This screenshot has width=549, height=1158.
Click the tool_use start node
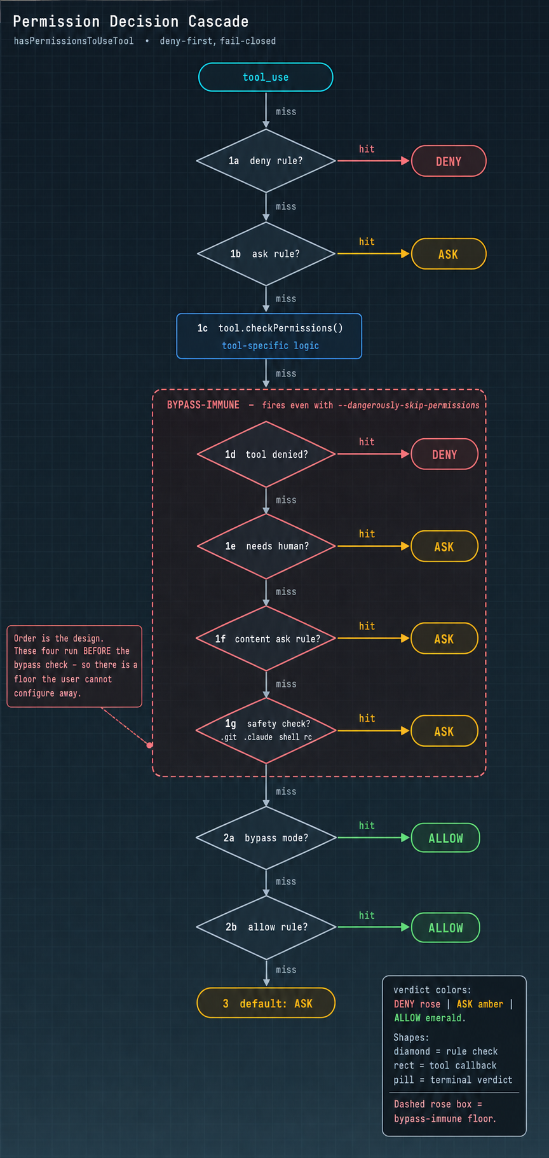coord(266,77)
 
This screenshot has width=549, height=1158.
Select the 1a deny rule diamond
coord(266,161)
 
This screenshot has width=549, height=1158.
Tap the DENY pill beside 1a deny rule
coord(449,162)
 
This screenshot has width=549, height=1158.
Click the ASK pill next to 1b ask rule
coord(449,254)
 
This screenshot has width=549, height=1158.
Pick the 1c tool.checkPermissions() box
coord(269,336)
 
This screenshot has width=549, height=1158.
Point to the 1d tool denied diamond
coord(266,454)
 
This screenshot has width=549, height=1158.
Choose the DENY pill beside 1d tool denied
coord(445,454)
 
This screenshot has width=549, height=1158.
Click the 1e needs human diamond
coord(266,546)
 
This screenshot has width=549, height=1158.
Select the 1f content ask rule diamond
coord(266,638)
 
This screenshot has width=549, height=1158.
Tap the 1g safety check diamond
coord(266,731)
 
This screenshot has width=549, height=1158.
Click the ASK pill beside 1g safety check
coord(445,731)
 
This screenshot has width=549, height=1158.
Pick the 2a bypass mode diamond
coord(266,837)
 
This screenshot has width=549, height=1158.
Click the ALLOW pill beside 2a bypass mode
coord(445,837)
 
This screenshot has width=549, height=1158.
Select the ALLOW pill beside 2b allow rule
coord(445,927)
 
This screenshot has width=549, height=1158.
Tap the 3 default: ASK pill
coord(266,1003)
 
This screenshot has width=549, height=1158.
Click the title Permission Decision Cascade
coord(131,21)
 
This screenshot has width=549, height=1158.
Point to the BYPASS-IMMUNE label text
coord(203,404)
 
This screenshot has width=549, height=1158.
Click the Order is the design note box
coord(74,666)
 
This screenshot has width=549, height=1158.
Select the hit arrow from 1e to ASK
coord(374,546)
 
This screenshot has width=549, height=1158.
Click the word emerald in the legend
coord(444,1017)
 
